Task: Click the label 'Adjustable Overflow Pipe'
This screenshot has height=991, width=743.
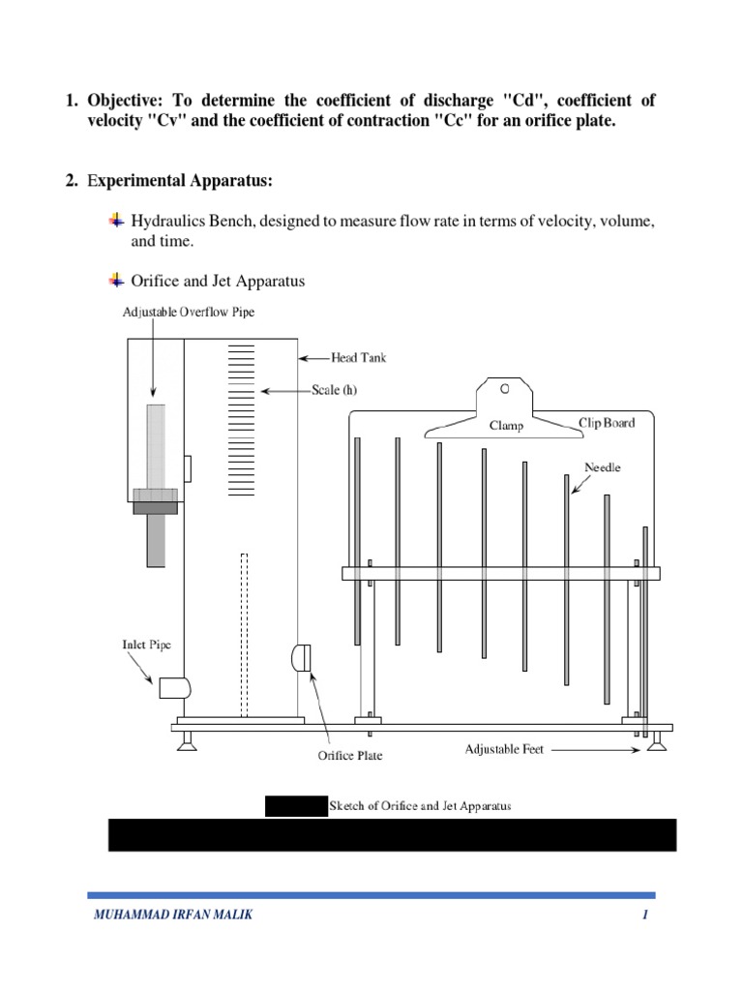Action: (189, 312)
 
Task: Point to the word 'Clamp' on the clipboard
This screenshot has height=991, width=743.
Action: (506, 425)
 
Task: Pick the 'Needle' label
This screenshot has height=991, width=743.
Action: (602, 467)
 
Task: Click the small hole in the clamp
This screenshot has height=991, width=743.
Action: (504, 389)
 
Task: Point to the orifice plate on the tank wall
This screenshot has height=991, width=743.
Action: (299, 657)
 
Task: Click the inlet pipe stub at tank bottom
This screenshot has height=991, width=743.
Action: (175, 688)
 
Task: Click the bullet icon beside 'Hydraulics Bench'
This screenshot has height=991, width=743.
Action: (117, 221)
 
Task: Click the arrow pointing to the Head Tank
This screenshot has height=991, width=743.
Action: (313, 357)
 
